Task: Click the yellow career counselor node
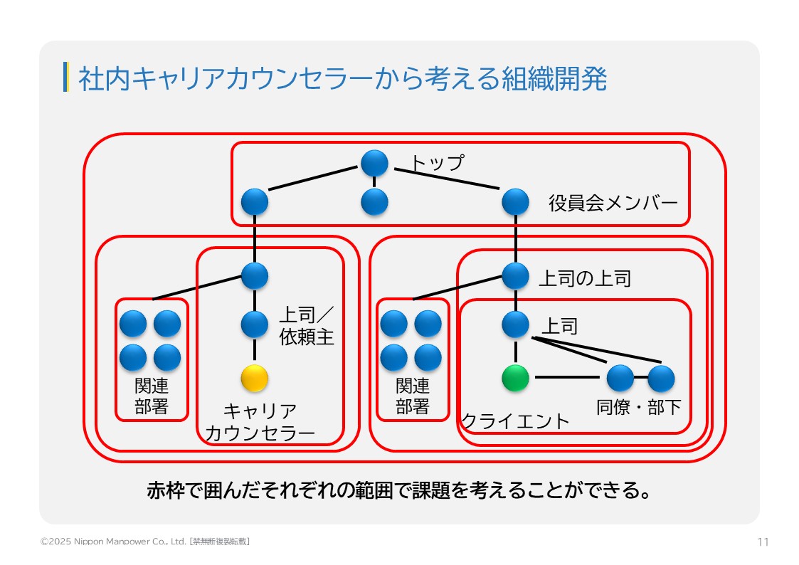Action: click(254, 378)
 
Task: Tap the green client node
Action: click(515, 378)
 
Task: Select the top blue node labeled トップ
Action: click(374, 163)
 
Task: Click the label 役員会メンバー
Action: click(613, 204)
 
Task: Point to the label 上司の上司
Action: click(584, 278)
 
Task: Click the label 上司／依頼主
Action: click(306, 326)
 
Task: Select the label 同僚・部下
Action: click(638, 407)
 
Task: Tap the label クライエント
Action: click(515, 421)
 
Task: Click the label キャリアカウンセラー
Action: click(260, 423)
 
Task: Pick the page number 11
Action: click(763, 542)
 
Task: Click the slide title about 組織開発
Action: click(342, 79)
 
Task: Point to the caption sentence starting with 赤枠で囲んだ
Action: click(398, 490)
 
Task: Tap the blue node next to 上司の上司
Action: click(515, 275)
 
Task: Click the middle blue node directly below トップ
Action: click(374, 202)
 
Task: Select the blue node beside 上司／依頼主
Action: click(254, 324)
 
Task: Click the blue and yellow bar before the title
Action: click(65, 78)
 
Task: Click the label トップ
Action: click(436, 163)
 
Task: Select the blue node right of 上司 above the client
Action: click(515, 324)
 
